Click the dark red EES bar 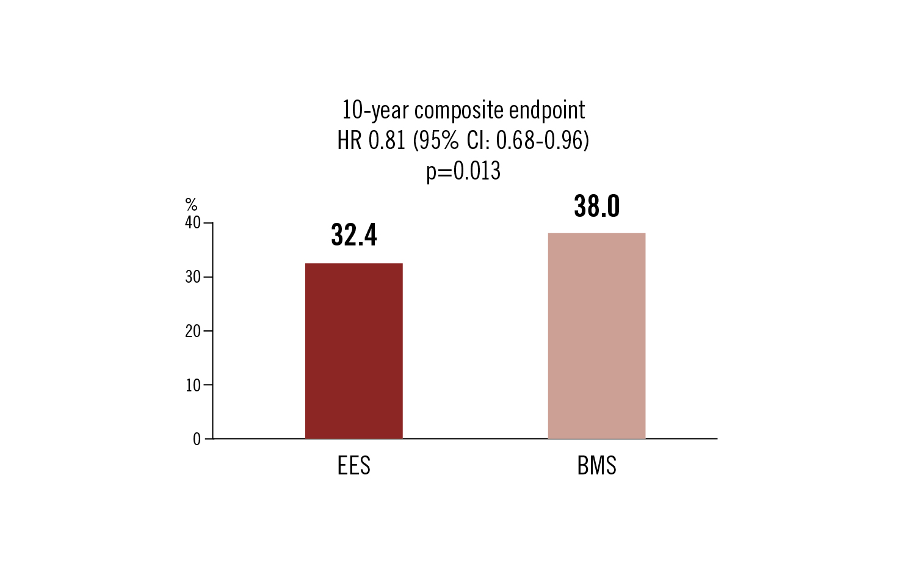pyautogui.click(x=353, y=350)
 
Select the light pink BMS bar pyautogui.click(x=596, y=335)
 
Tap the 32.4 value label pyautogui.click(x=354, y=234)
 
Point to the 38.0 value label pyautogui.click(x=597, y=206)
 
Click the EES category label pyautogui.click(x=353, y=466)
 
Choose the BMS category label pyautogui.click(x=596, y=466)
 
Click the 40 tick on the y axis pyautogui.click(x=193, y=223)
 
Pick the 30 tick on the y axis pyautogui.click(x=193, y=277)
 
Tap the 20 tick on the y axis pyautogui.click(x=193, y=331)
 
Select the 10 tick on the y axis pyautogui.click(x=193, y=385)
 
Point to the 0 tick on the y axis pyautogui.click(x=197, y=439)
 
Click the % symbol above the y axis pyautogui.click(x=191, y=205)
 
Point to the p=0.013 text pyautogui.click(x=463, y=171)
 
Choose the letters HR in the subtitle pyautogui.click(x=349, y=141)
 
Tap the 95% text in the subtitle pyautogui.click(x=438, y=141)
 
